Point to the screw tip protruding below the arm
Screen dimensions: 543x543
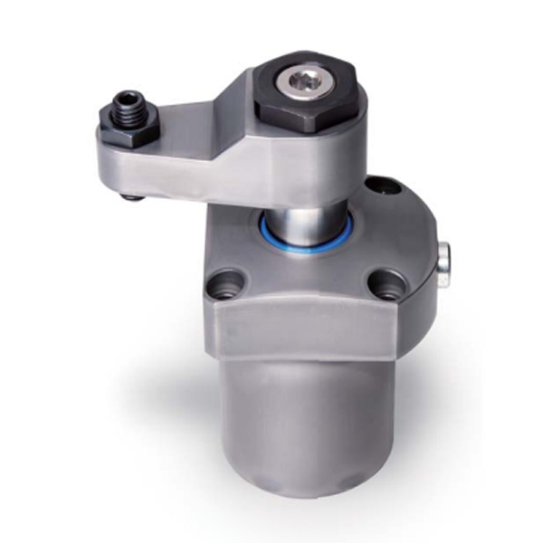[133, 196]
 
